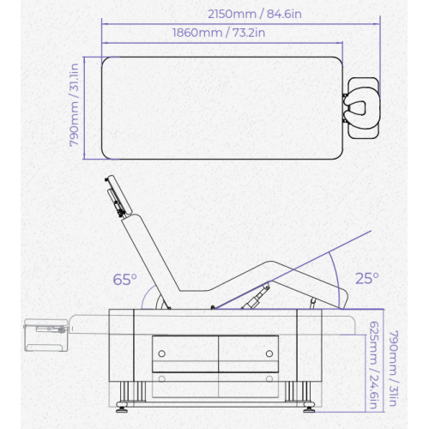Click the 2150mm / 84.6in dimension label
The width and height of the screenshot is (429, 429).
[255, 14]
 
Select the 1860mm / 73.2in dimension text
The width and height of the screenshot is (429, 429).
[219, 33]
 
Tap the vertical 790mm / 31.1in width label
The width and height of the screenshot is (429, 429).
[74, 105]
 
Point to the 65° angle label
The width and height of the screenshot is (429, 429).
[125, 280]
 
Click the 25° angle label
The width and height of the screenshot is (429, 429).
[367, 278]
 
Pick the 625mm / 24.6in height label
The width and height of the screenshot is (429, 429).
[374, 366]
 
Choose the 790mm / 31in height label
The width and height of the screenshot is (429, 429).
[394, 368]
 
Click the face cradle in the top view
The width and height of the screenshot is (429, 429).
[361, 108]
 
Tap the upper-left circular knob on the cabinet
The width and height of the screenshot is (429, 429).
[162, 353]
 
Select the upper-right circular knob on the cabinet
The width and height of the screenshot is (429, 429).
[269, 353]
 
